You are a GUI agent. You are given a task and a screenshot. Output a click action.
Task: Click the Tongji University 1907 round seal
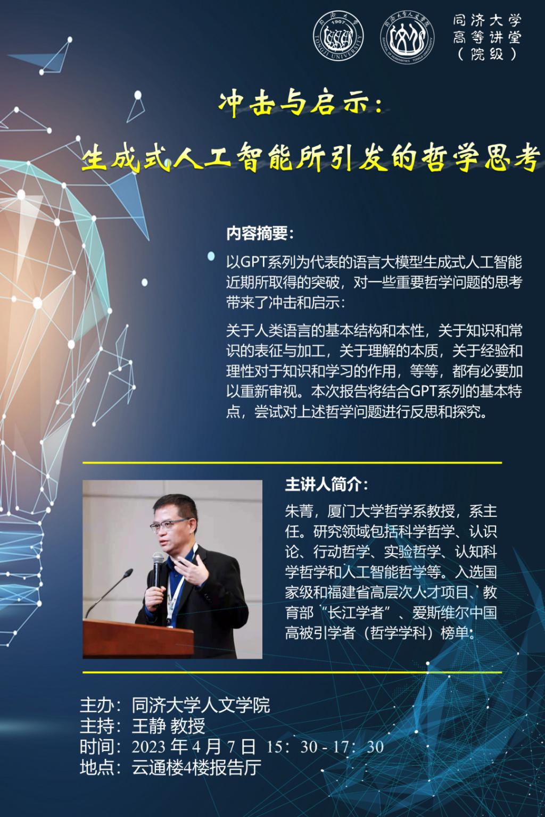pyautogui.click(x=338, y=36)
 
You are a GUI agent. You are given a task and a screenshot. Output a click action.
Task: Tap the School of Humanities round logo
pyautogui.click(x=407, y=36)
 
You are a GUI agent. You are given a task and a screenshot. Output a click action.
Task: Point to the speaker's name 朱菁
pyautogui.click(x=299, y=511)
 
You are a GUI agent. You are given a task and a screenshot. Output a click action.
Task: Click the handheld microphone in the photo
pyautogui.click(x=158, y=570)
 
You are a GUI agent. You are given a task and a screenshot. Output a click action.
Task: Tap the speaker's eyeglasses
pyautogui.click(x=169, y=524)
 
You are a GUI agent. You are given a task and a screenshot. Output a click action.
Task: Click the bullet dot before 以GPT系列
pyautogui.click(x=211, y=256)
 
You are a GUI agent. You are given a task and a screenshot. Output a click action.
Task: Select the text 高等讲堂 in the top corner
pyautogui.click(x=487, y=37)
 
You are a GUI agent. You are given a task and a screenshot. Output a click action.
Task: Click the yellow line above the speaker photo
pyautogui.click(x=292, y=462)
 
